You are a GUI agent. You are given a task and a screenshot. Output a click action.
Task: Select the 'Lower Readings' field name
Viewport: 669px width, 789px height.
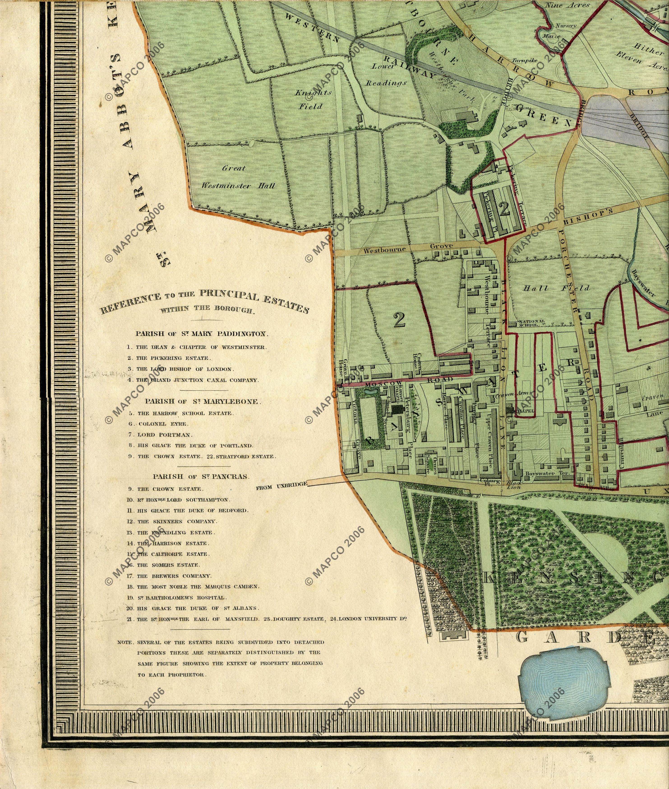(385, 75)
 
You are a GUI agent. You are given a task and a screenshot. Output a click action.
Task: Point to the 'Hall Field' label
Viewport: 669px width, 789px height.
(556, 288)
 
